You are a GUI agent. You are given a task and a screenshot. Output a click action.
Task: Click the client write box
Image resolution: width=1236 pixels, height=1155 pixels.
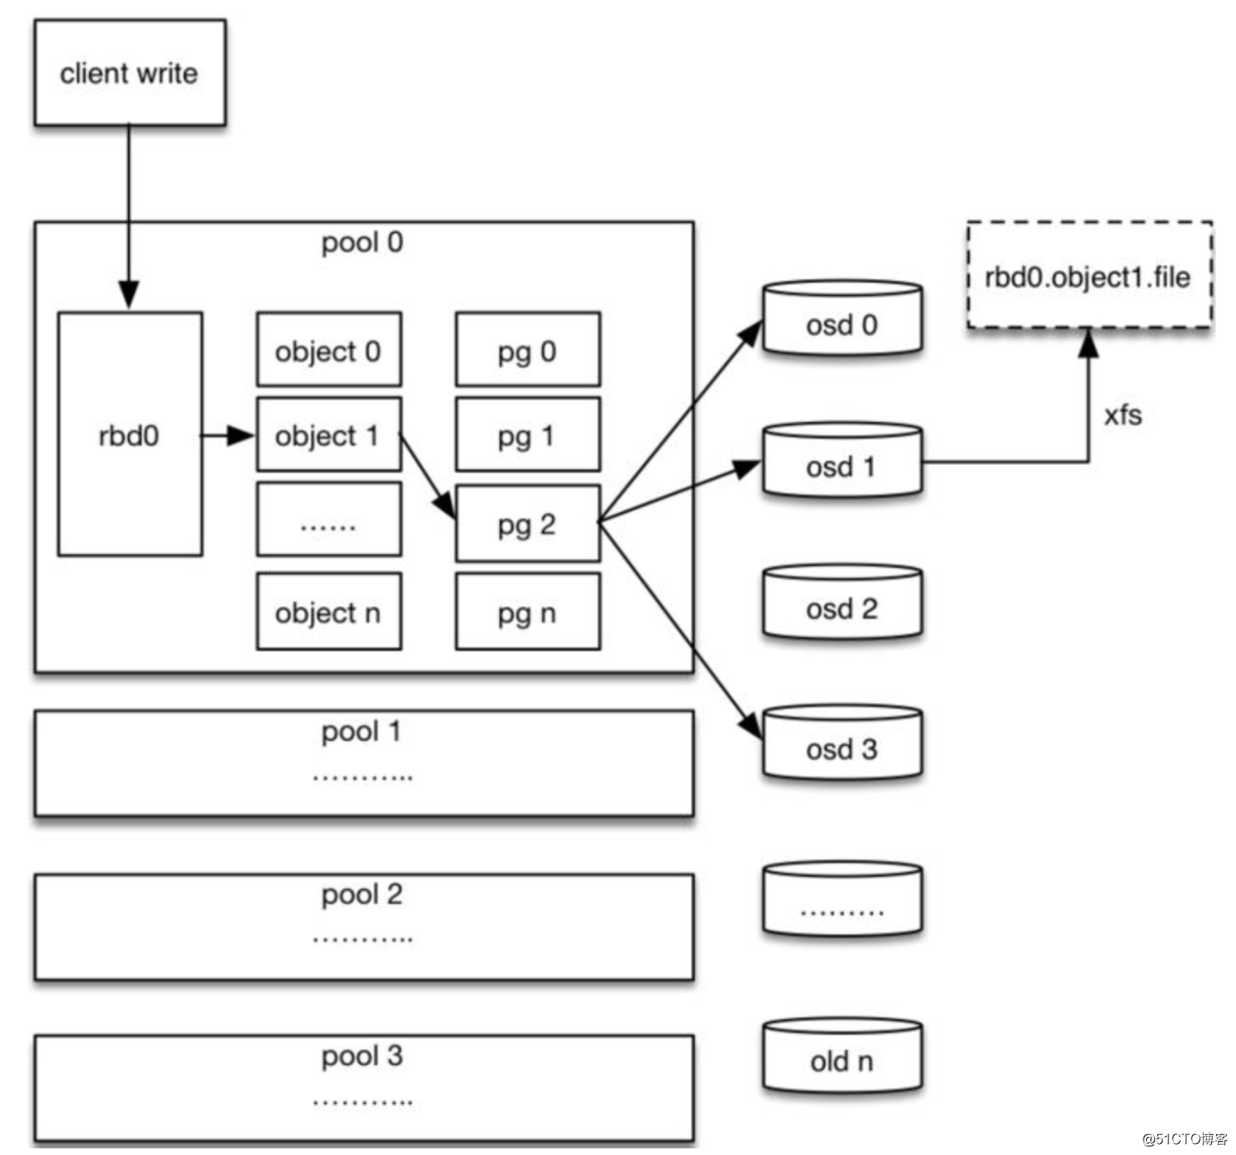pos(130,73)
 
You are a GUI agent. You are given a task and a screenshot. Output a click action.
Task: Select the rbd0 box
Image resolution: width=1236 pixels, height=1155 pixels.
pos(130,434)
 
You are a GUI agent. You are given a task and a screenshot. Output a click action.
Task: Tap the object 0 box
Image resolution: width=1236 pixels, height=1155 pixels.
pos(328,349)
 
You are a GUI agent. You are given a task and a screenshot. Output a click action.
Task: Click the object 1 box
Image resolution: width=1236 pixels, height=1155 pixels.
pos(328,434)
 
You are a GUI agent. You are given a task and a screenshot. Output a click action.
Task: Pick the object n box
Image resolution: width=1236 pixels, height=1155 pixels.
pos(328,611)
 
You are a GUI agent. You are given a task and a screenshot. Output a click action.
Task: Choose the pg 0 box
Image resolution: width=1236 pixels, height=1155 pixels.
pos(528,349)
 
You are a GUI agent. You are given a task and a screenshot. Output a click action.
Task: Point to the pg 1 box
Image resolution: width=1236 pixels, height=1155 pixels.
pos(528,434)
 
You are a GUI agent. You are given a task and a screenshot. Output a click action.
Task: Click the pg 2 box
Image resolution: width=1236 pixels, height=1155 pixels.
pos(528,524)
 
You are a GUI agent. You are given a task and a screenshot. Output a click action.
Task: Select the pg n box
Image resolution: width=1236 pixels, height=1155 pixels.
pos(528,611)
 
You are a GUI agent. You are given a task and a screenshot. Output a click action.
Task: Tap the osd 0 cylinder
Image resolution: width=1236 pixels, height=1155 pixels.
pos(842,318)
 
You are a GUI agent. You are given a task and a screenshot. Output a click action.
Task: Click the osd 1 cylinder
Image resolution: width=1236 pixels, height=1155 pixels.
pos(842,460)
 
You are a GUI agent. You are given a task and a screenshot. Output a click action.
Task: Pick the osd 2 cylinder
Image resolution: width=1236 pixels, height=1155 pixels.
pos(842,602)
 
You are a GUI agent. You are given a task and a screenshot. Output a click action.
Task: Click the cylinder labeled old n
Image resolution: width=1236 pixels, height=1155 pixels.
pos(842,1056)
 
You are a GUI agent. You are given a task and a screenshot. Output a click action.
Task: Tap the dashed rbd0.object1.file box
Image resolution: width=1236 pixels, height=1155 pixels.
pos(1089,275)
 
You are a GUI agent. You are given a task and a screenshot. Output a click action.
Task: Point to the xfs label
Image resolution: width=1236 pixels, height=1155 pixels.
pos(1123,415)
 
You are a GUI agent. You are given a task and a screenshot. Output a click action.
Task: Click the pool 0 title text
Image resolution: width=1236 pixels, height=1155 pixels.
pos(362,243)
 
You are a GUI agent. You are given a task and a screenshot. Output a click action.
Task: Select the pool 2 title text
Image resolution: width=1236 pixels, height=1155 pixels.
pos(362,895)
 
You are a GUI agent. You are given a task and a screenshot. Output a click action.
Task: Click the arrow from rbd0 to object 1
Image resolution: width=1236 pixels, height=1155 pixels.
pos(228,435)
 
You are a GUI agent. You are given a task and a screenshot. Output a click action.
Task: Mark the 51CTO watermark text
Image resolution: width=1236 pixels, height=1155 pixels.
pos(1184,1139)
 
